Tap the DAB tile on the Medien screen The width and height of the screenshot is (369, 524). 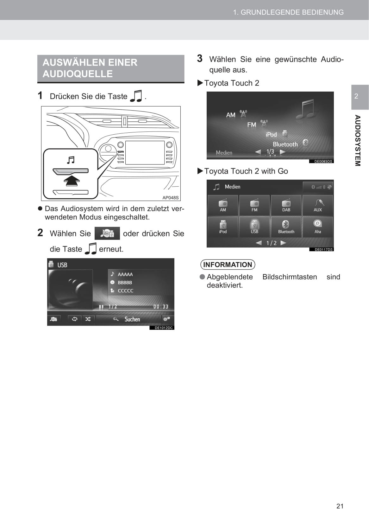click(286, 205)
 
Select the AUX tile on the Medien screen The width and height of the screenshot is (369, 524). click(318, 205)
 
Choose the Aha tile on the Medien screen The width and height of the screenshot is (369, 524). click(318, 227)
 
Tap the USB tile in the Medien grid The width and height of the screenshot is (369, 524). click(254, 227)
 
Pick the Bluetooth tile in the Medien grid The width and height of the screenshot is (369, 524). click(286, 227)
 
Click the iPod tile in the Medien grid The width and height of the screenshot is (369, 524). click(223, 227)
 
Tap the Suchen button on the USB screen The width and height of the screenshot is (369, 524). click(128, 319)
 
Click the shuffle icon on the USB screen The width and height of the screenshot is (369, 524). click(88, 319)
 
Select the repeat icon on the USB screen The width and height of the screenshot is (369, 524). click(75, 319)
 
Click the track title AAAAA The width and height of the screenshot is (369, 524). click(125, 274)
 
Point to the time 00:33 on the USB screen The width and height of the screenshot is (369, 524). click(161, 306)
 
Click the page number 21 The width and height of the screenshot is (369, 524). click(340, 506)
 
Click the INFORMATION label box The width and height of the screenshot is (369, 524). click(228, 265)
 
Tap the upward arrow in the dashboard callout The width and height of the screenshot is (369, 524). click(72, 181)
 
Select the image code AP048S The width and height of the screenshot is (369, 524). click(170, 198)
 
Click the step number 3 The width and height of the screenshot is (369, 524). click(200, 59)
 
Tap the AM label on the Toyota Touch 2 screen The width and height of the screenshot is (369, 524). click(231, 115)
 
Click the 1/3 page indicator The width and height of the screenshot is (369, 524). click(270, 151)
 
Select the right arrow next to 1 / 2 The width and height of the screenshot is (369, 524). click(283, 243)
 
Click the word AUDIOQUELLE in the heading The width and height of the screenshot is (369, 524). click(78, 74)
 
